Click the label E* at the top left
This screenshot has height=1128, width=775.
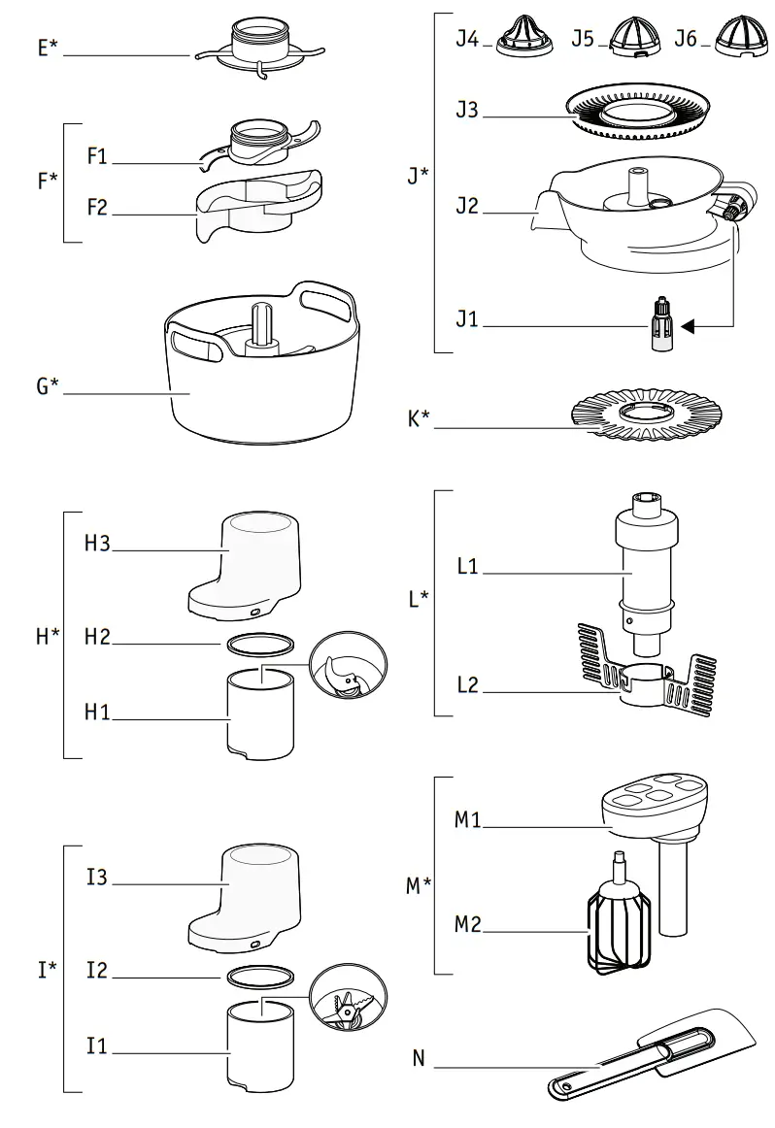46,47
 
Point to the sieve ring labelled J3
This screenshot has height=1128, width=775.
642,115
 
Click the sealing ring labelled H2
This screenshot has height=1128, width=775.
260,642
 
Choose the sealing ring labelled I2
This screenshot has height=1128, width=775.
260,974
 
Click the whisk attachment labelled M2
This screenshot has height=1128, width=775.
618,927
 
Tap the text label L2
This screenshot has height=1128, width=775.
468,685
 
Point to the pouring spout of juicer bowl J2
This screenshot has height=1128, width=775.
540,207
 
